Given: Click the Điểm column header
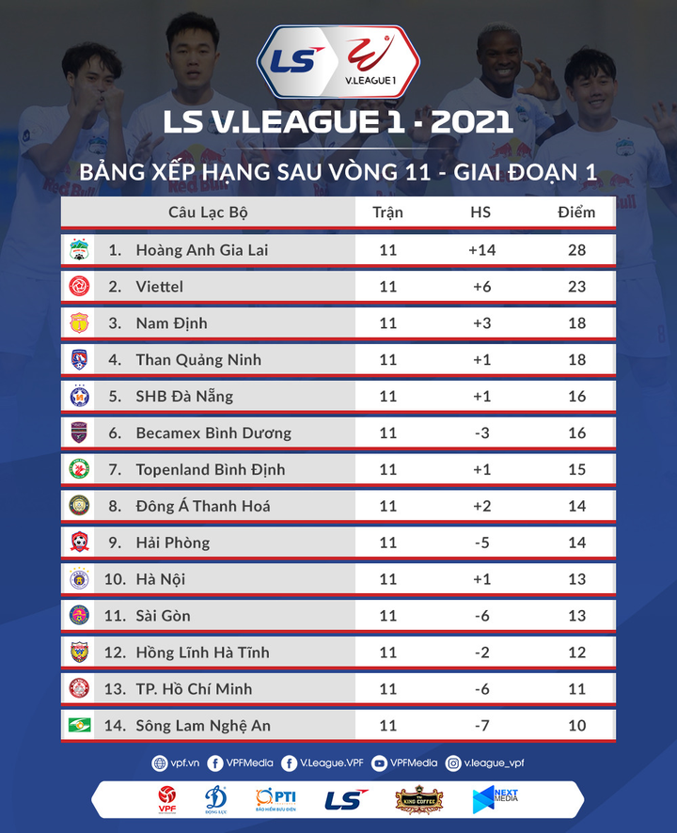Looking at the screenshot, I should [x=575, y=212].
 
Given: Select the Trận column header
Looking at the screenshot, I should [x=387, y=212].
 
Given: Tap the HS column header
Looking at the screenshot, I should [x=480, y=212].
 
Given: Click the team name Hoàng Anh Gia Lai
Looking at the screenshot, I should [x=201, y=250].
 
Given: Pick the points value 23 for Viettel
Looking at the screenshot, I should [x=576, y=287].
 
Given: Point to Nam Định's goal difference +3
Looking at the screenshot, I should [x=481, y=323].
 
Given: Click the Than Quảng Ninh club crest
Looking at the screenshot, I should [x=79, y=359].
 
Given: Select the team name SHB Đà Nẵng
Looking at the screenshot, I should [x=184, y=396].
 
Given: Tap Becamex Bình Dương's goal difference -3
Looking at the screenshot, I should [x=481, y=432].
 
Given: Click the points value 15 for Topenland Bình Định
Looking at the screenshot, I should [x=576, y=469].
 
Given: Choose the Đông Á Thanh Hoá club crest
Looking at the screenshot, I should [x=79, y=506].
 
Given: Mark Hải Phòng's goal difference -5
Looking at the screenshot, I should [x=481, y=542].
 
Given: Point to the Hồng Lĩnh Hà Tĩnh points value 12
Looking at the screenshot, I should [x=576, y=652].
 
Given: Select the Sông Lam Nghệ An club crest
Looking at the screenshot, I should [x=79, y=725].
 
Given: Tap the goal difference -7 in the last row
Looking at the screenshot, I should [x=481, y=726].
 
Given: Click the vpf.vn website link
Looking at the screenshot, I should [x=174, y=763].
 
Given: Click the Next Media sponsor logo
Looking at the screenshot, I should [x=496, y=799].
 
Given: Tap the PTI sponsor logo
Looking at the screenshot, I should [x=276, y=799].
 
